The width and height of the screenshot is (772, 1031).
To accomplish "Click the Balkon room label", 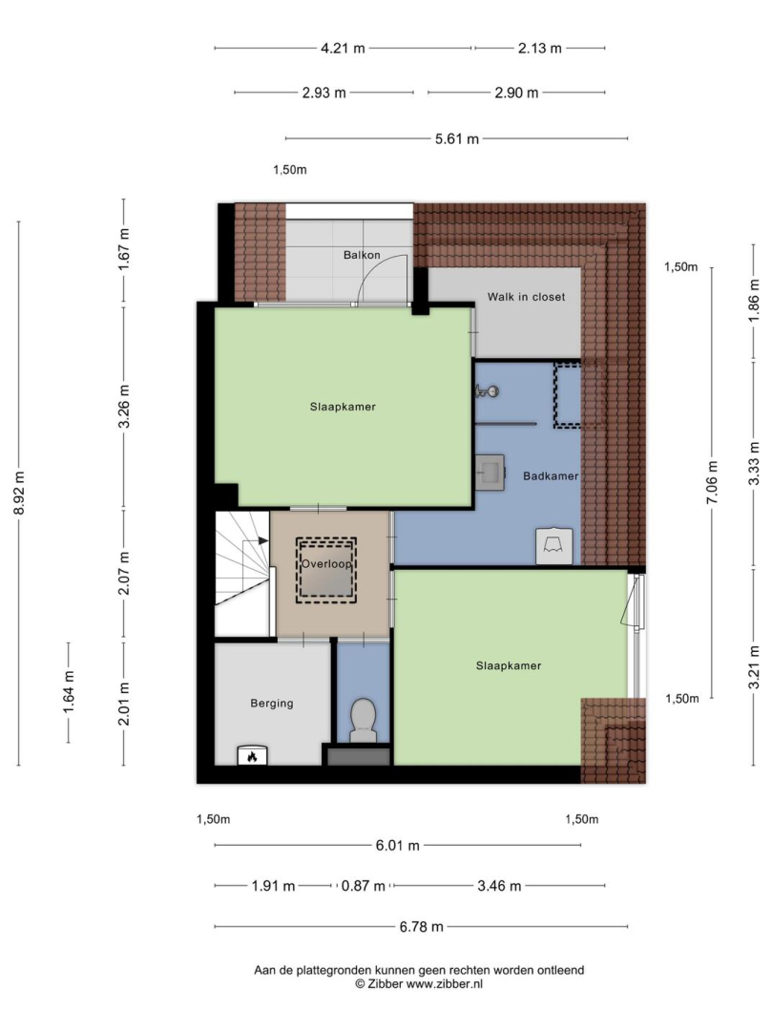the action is tap(362, 255).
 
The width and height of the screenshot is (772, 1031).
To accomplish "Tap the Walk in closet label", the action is tap(526, 297).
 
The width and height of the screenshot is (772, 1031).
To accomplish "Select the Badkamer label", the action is tap(551, 476).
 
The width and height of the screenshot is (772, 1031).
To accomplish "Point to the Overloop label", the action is tap(326, 564).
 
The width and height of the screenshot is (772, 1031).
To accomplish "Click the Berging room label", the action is tap(271, 704).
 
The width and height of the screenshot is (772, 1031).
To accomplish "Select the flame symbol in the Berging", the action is tap(252, 756).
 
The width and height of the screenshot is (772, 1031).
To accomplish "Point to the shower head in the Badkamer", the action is tap(487, 392).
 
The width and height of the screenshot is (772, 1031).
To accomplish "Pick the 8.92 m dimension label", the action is tap(19, 494).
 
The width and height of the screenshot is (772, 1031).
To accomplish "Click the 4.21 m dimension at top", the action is tap(343, 48).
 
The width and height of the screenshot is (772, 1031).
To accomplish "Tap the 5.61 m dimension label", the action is tap(457, 139).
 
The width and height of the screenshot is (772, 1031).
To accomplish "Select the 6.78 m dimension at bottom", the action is tap(421, 927).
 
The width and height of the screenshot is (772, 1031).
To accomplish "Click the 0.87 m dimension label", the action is tap(363, 886).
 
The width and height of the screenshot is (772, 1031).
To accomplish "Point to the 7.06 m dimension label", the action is tap(712, 482).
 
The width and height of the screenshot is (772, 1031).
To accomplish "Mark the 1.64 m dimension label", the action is tap(69, 691).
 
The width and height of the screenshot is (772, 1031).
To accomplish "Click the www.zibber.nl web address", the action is tap(444, 984).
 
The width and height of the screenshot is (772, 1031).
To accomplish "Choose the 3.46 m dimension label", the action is tap(499, 886).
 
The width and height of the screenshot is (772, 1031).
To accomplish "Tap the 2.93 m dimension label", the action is tap(323, 94).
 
